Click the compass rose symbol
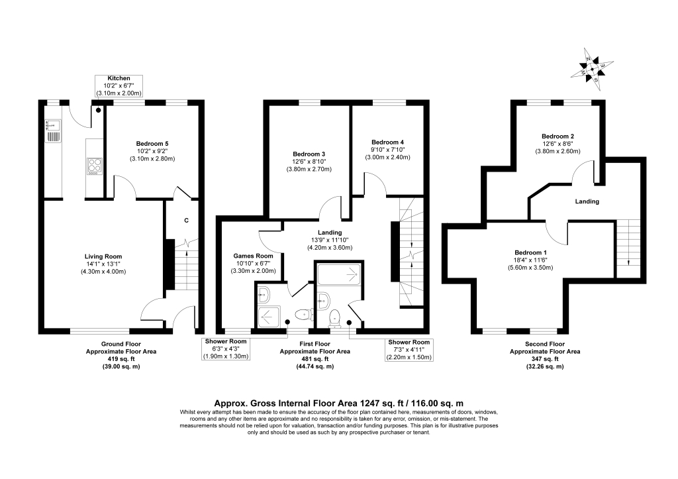coord(592,69)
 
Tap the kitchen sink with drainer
coord(53,131)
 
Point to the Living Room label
coord(103,256)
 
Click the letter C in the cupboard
coord(186,221)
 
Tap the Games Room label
coord(253,256)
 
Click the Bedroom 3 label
coord(309,154)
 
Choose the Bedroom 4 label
coord(387,142)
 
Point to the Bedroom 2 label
coord(557,136)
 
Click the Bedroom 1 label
coord(530,252)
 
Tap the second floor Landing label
coord(587,201)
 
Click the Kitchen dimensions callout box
coord(119,85)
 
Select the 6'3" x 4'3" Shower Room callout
coord(226,349)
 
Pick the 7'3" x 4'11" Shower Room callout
coord(409,350)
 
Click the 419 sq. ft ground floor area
coord(121,358)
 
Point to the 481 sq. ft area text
coord(315,358)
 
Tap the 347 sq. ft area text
coord(545,358)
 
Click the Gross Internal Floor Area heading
coord(339,403)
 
